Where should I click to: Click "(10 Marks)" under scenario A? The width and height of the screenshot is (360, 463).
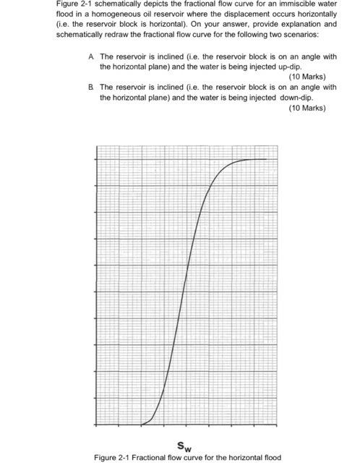307,77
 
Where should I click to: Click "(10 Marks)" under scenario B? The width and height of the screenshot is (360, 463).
307,108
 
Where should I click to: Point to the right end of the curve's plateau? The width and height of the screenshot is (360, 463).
266,159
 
